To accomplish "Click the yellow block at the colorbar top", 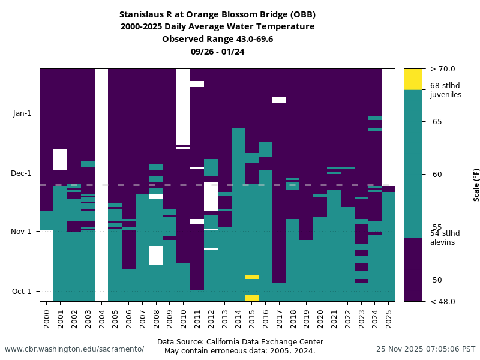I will (413, 79).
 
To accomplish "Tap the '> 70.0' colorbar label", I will (443, 69).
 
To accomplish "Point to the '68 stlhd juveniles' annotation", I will (445, 90).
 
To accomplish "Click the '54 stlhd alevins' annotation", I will (445, 238).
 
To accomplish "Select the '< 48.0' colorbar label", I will (443, 302).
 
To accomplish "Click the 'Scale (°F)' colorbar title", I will (476, 184).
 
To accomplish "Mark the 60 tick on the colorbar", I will (437, 175).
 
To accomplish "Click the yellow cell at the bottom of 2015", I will (252, 298).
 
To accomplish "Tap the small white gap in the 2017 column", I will (279, 100).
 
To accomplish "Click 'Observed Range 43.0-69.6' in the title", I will (217, 39).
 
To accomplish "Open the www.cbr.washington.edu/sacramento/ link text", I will (74, 349).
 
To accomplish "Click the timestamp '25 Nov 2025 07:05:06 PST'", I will (425, 349).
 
